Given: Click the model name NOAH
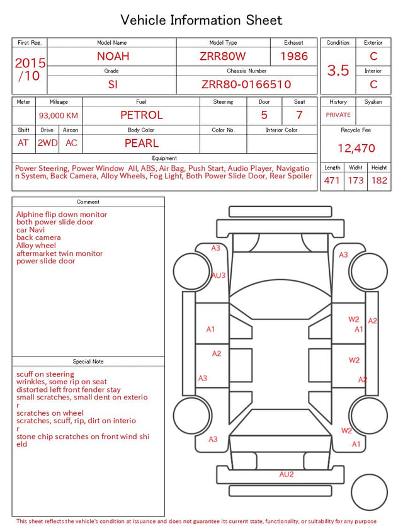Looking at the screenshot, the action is [x=113, y=56].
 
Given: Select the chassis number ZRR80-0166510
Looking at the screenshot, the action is [x=246, y=84].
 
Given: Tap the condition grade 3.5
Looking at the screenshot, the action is [x=338, y=70].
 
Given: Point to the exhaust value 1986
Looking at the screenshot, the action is [x=294, y=56].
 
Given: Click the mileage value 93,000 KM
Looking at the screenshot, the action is [x=59, y=116].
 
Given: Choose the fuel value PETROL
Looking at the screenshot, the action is [x=142, y=115].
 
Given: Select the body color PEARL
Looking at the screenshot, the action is [x=142, y=143].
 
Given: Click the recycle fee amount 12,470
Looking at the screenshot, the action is [x=356, y=148].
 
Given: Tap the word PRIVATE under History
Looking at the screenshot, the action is [x=338, y=115].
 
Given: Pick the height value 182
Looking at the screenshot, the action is [x=379, y=180].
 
